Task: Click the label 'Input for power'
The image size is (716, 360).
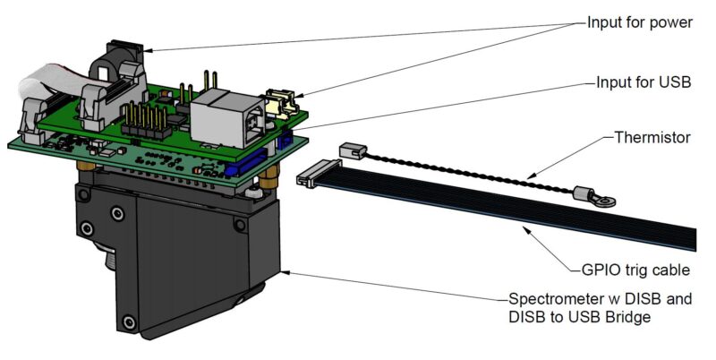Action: tap(639, 22)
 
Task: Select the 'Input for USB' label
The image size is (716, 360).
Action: tap(644, 81)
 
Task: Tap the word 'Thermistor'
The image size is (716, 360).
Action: tap(653, 139)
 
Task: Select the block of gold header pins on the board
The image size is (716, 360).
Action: tap(143, 122)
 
